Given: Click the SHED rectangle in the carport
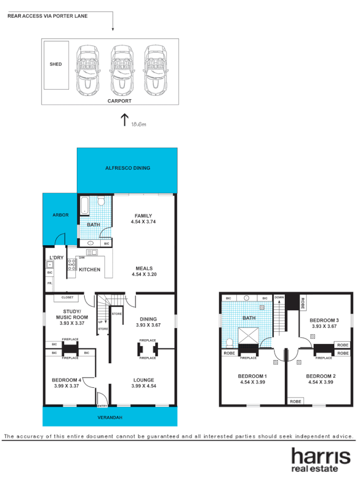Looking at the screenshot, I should pos(56,65).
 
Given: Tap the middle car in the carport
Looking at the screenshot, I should pos(122,69).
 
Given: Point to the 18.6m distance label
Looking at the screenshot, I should pos(138,124).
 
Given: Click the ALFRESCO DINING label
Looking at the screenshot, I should pos(127,169).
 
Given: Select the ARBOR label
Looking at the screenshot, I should pos(60,215).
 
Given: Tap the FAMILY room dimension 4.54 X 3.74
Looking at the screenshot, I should pos(144,221).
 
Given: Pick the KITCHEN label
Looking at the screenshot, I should pos(90,270).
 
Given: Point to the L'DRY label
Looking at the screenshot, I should pos(56,258).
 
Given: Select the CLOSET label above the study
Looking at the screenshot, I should pos(68,297).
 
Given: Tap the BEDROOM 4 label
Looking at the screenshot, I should pos(66,380).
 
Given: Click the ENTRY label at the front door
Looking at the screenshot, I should pos(102,406).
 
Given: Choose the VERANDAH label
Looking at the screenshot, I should pos(109,418).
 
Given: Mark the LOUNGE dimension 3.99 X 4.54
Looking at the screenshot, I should pos(143,387).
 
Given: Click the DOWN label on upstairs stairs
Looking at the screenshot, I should pos(279,297).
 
